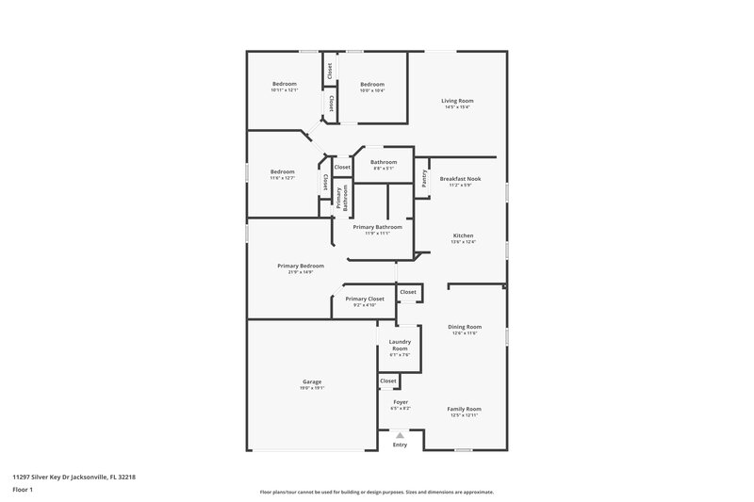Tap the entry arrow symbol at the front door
[400, 435]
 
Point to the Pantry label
[424, 178]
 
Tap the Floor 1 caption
[23, 491]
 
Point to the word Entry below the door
[400, 445]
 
